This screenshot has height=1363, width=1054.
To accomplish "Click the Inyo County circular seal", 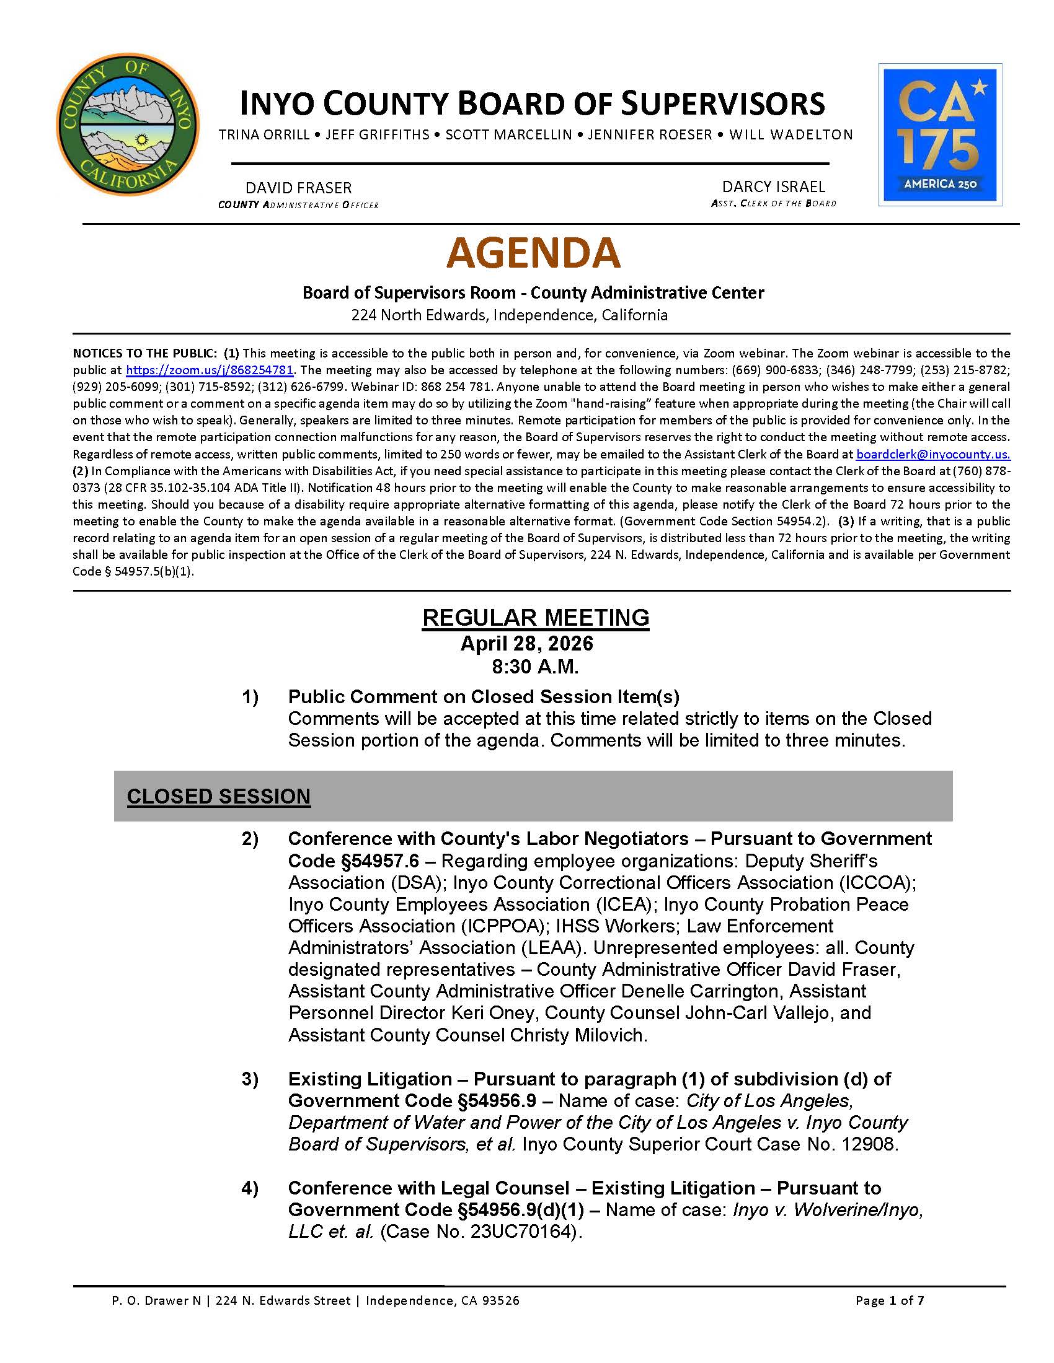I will click(x=127, y=124).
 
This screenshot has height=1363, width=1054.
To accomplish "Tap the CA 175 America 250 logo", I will click(x=940, y=134).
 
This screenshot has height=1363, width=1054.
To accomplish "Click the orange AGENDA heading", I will click(x=533, y=253).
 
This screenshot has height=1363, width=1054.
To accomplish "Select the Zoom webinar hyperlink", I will click(x=210, y=369).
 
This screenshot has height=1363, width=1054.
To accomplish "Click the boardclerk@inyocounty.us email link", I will click(x=933, y=454).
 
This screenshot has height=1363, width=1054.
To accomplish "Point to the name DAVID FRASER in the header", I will click(x=298, y=188).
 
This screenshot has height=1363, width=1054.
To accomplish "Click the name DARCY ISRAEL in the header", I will click(x=774, y=186).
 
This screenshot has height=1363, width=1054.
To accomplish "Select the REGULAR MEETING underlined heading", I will click(x=536, y=617).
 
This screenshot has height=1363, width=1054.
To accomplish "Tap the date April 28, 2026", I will click(x=527, y=644).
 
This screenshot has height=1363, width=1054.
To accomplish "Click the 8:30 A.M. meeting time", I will click(x=535, y=667).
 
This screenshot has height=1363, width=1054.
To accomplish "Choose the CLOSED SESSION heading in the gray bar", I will click(x=218, y=796).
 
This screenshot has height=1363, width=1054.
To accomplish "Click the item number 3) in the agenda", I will click(x=250, y=1079).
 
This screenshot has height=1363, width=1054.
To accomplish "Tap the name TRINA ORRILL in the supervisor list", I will click(x=264, y=135).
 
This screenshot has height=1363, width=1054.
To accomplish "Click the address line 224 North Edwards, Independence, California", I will click(x=510, y=315).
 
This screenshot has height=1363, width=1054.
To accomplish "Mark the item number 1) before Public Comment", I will click(x=250, y=697).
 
